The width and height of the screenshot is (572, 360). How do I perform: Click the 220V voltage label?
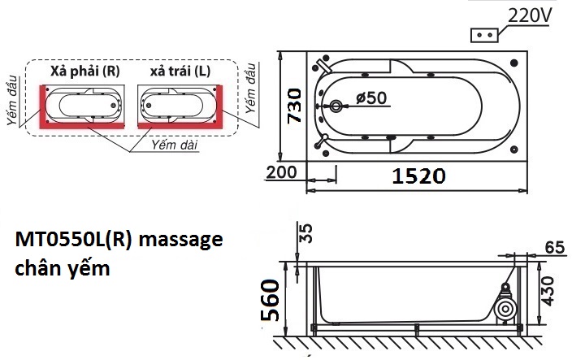click(x=532, y=15)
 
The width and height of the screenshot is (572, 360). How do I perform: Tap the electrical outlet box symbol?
click(x=485, y=37)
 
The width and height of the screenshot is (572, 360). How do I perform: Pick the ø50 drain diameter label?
click(x=370, y=98)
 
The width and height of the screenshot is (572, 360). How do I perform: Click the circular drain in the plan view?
click(x=337, y=106)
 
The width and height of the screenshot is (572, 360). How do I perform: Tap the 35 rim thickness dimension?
click(x=305, y=233)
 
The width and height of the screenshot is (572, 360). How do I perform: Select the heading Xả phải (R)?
click(x=84, y=71)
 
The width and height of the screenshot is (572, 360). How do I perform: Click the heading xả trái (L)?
click(x=180, y=71)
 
